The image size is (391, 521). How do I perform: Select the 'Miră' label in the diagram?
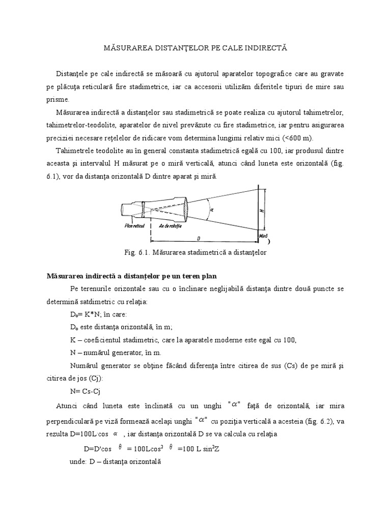pyautogui.click(x=263, y=236)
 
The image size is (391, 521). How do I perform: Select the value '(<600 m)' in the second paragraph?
pyautogui.click(x=299, y=138)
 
